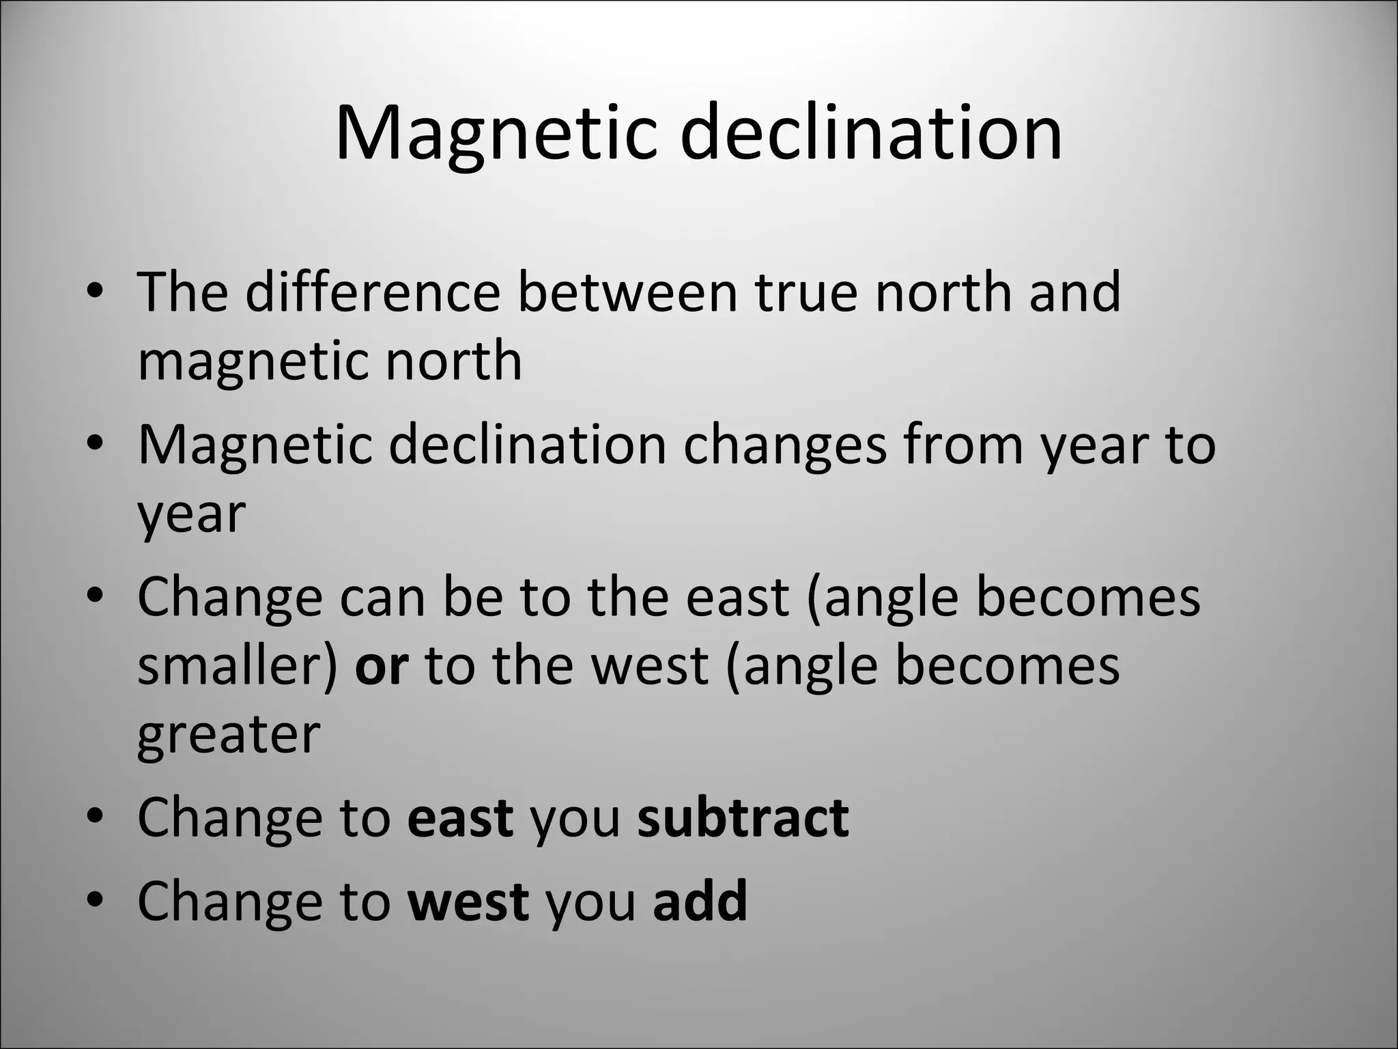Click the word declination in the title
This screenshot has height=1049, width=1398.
[871, 133]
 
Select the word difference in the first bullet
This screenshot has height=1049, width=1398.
[373, 292]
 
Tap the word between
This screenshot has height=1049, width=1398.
[627, 292]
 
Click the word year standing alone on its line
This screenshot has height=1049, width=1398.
[191, 516]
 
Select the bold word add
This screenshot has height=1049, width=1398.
[700, 901]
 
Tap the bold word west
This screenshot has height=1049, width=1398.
[468, 901]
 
